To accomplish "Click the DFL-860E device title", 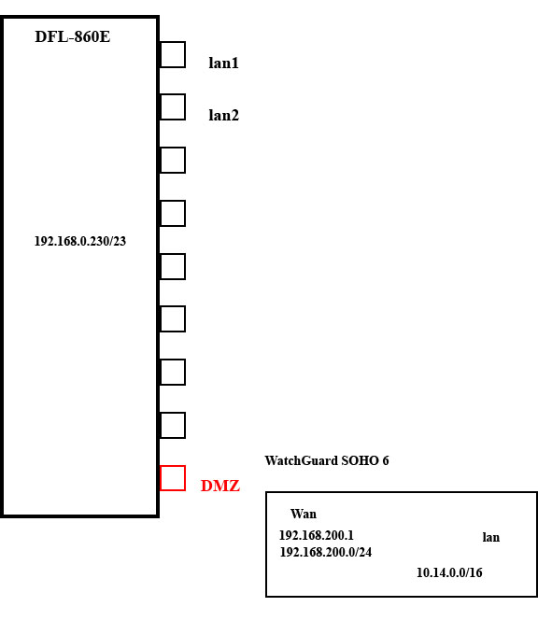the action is (x=73, y=36).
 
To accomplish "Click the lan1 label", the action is (x=224, y=63).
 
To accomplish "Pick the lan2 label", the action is (x=224, y=115).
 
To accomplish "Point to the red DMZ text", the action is (x=220, y=486).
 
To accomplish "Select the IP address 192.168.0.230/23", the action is (x=80, y=241).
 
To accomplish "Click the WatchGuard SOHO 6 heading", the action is (x=327, y=460).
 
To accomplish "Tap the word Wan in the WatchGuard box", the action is (x=304, y=514).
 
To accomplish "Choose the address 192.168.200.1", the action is (x=317, y=535).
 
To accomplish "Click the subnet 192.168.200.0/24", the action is (x=326, y=552).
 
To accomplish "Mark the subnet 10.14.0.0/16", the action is (x=449, y=572).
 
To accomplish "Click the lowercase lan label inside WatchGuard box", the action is (x=491, y=538).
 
